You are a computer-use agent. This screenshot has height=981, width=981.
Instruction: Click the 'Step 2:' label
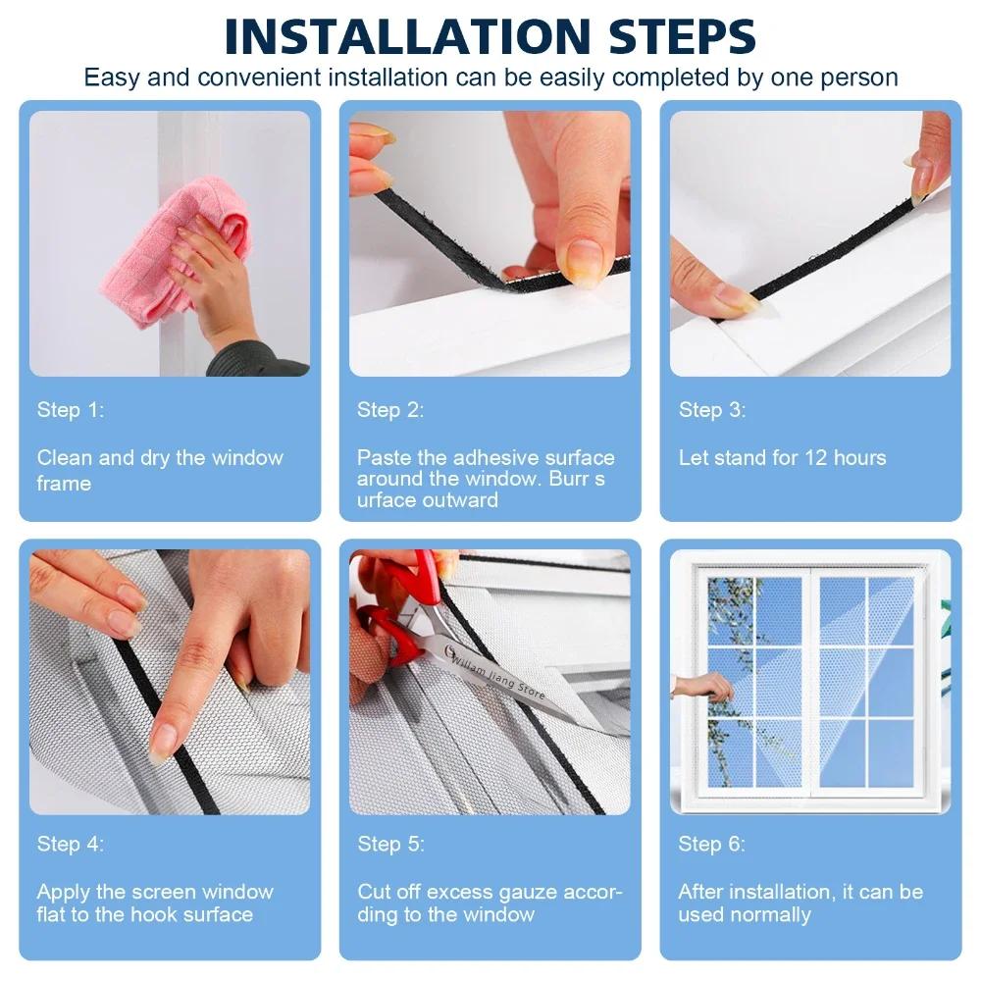(x=390, y=410)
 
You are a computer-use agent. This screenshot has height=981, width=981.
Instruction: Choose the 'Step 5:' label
(x=390, y=844)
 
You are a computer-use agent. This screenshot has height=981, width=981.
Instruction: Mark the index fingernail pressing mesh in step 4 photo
(x=163, y=743)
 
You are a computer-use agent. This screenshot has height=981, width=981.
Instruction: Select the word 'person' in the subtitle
(x=863, y=77)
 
